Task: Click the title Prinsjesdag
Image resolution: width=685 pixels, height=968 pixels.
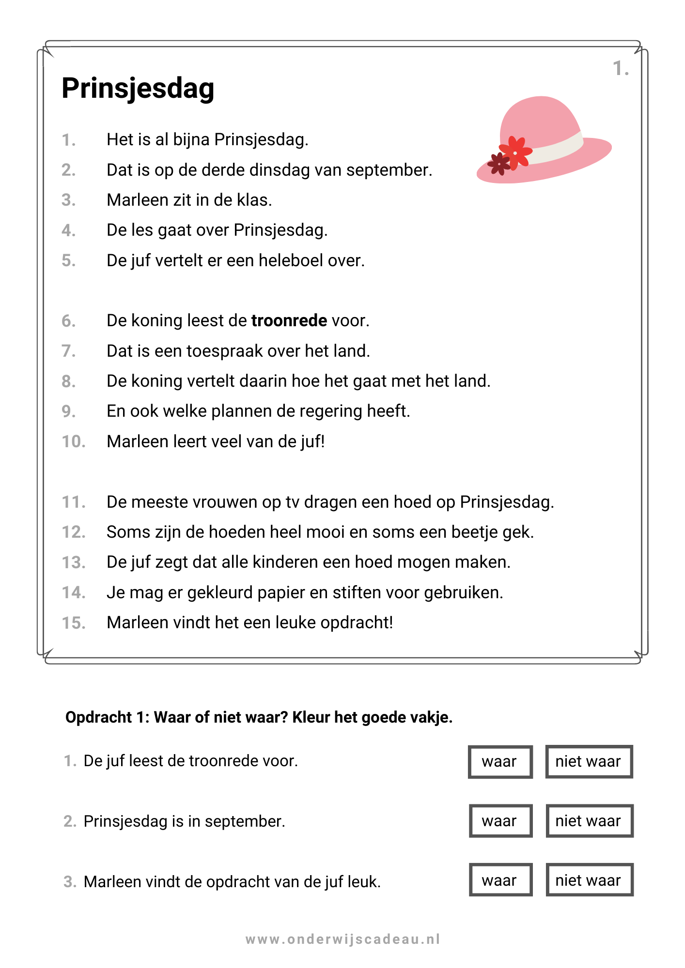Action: coord(138,89)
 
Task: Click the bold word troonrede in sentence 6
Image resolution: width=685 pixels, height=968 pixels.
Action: coord(289,321)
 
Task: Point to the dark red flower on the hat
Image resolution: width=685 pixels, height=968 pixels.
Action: coord(499,164)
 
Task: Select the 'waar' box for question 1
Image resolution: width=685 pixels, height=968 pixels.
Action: coord(500,762)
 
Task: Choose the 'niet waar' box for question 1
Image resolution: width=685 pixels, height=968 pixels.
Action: coord(589,762)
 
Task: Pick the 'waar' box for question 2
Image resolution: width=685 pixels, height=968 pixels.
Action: coord(500,821)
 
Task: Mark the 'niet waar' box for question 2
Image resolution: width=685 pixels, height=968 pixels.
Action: coord(589,821)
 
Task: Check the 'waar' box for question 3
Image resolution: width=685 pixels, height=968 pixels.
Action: coord(500,880)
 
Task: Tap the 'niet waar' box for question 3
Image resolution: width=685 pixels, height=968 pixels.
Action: coord(589,880)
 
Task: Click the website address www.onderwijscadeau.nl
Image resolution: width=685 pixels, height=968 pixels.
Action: coord(342,939)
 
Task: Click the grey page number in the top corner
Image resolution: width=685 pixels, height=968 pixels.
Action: coord(621,68)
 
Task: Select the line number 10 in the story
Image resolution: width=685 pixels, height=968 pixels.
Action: coord(74,442)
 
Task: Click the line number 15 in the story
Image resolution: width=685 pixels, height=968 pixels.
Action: coord(74,623)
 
